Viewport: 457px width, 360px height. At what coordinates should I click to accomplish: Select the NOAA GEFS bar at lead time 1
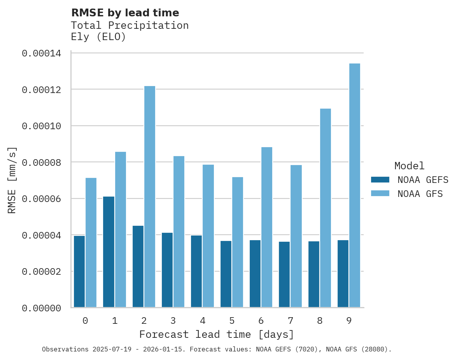click(x=109, y=252)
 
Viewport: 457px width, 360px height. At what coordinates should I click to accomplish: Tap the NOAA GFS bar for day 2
click(x=150, y=197)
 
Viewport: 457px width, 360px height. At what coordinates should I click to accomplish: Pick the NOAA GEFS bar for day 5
click(x=226, y=274)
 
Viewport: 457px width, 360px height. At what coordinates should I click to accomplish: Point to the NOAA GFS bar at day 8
click(x=325, y=208)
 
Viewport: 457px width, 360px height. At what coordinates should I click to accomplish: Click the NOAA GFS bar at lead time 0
click(x=91, y=242)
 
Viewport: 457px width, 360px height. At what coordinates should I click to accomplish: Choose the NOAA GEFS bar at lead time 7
click(x=284, y=274)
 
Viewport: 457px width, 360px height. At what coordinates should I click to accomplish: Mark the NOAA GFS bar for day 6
click(x=267, y=227)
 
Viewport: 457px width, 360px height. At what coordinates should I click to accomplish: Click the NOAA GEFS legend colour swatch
click(x=380, y=179)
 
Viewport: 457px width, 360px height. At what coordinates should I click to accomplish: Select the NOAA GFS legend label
click(x=420, y=193)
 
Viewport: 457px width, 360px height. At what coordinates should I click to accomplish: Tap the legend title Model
click(x=409, y=166)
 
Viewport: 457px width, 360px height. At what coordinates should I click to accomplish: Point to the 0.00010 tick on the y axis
click(x=41, y=126)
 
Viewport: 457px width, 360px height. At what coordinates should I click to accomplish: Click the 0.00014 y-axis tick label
click(x=41, y=53)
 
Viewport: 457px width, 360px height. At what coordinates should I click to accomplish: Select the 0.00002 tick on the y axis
click(x=41, y=272)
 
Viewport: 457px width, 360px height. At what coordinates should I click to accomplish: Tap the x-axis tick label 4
click(x=202, y=321)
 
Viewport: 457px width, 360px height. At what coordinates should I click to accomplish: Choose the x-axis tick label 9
click(x=349, y=321)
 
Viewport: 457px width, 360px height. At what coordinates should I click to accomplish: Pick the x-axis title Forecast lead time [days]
click(x=217, y=334)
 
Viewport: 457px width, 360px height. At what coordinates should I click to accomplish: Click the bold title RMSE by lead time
click(x=125, y=13)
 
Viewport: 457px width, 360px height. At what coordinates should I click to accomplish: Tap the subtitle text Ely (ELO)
click(x=98, y=37)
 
